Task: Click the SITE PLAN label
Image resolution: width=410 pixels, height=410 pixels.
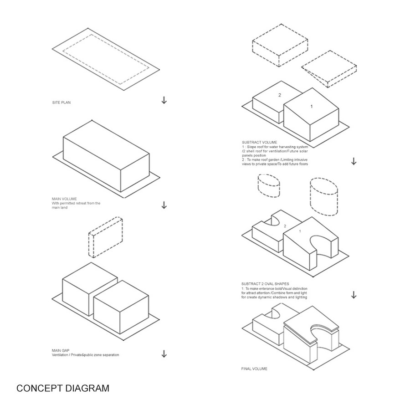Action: [61, 102]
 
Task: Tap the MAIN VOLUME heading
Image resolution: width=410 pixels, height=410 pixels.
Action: [64, 199]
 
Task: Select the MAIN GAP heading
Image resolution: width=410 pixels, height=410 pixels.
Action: [61, 351]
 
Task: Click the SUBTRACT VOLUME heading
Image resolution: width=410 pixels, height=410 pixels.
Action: [259, 143]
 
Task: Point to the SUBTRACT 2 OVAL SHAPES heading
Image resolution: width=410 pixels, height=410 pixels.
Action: [265, 284]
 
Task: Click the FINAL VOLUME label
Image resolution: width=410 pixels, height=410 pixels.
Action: [254, 369]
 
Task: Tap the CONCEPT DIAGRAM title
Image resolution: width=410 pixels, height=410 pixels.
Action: [63, 388]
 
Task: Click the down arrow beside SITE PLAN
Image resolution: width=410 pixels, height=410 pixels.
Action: [164, 100]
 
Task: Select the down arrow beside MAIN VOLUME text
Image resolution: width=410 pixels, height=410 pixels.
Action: [164, 205]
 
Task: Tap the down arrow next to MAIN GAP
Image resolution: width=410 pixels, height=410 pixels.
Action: [164, 354]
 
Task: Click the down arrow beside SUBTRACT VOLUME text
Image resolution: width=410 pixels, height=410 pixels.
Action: [354, 161]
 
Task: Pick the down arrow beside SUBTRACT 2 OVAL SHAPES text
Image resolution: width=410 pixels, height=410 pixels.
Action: [354, 295]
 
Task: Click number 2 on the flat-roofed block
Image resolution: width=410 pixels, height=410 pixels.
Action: [280, 95]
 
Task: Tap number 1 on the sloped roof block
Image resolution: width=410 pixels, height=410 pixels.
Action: [312, 107]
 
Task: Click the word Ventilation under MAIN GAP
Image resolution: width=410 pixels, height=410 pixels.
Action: [60, 355]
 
